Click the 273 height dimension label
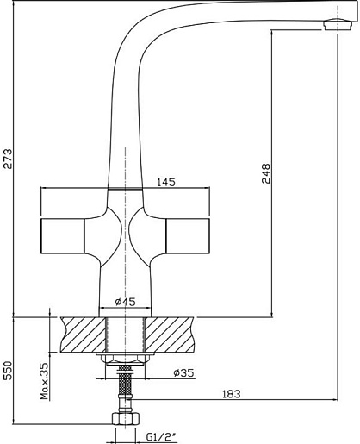pyautogui.click(x=8, y=159)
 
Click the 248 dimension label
pyautogui.click(x=266, y=173)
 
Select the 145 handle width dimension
pyautogui.click(x=166, y=182)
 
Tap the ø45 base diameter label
pyautogui.click(x=125, y=302)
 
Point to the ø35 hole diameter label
pyautogui.click(x=183, y=373)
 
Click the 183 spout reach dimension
pyautogui.click(x=232, y=394)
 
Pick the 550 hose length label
pyautogui.click(x=8, y=370)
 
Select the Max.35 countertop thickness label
pyautogui.click(x=44, y=381)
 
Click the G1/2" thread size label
pyautogui.click(x=161, y=437)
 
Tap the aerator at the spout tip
pyautogui.click(x=338, y=24)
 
